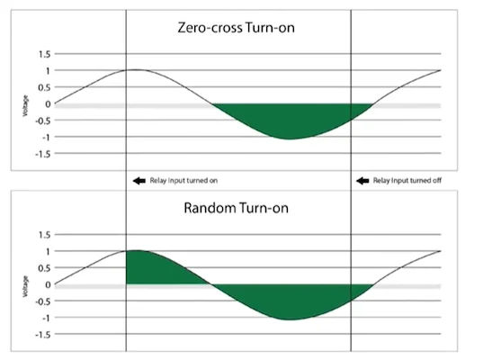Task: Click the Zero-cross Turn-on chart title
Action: pos(236,27)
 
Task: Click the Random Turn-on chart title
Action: pos(236,208)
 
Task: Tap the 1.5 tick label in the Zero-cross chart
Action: pos(44,54)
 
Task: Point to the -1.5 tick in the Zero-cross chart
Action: pos(43,154)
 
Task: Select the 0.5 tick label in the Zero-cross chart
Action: pos(44,87)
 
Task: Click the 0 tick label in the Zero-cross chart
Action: pos(48,104)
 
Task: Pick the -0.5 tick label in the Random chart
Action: pos(43,301)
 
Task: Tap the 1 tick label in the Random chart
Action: pos(48,251)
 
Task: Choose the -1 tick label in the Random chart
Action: pos(46,318)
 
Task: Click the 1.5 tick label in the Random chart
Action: pos(44,235)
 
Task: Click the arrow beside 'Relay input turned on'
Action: pos(139,181)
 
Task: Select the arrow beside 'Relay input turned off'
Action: pos(362,181)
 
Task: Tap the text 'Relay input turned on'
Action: pos(183,181)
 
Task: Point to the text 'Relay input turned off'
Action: pos(407,181)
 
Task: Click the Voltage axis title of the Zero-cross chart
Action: pos(25,105)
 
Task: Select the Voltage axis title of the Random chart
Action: pos(25,286)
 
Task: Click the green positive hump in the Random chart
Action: pos(154,268)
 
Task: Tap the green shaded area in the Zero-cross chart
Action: pos(290,119)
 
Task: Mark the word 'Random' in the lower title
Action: pos(210,208)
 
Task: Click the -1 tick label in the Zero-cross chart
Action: pos(46,137)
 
